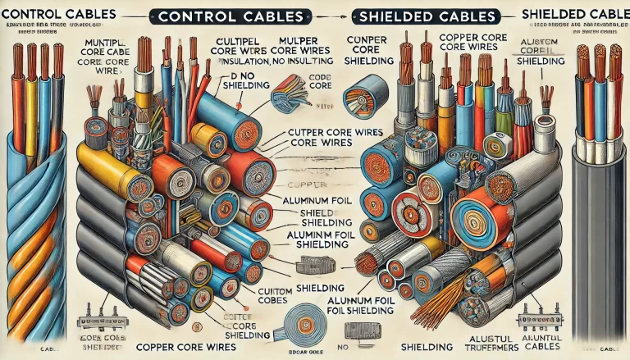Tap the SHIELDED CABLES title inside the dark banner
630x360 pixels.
click(x=428, y=16)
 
